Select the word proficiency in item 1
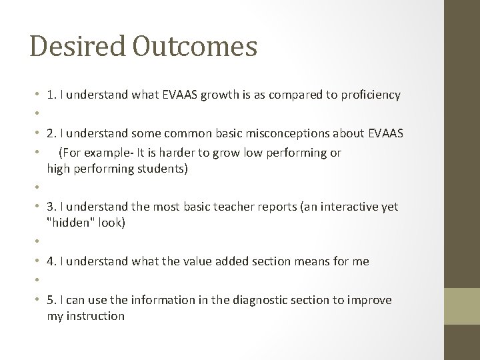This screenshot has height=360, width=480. click(x=371, y=95)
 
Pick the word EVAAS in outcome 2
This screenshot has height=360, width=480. click(x=385, y=134)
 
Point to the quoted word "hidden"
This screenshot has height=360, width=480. click(x=70, y=223)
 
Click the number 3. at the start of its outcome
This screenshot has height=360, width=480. click(x=52, y=207)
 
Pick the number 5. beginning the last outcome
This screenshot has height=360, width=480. click(x=52, y=300)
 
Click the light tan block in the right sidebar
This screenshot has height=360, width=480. click(x=462, y=306)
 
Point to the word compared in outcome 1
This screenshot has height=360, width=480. click(x=293, y=95)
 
